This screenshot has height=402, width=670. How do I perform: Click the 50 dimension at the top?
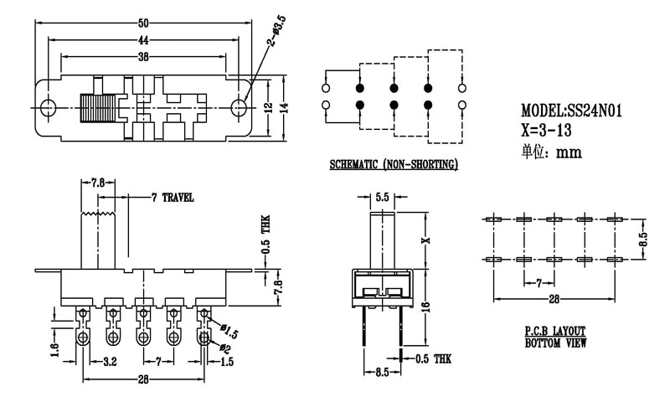click(144, 23)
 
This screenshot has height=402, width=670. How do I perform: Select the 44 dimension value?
click(144, 39)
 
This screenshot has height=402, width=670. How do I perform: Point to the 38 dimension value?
click(144, 57)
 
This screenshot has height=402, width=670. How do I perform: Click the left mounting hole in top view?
click(48, 109)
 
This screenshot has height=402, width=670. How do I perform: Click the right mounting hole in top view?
click(240, 109)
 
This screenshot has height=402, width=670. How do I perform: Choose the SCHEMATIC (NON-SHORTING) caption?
click(394, 165)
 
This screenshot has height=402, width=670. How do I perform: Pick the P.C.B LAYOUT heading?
click(555, 331)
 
